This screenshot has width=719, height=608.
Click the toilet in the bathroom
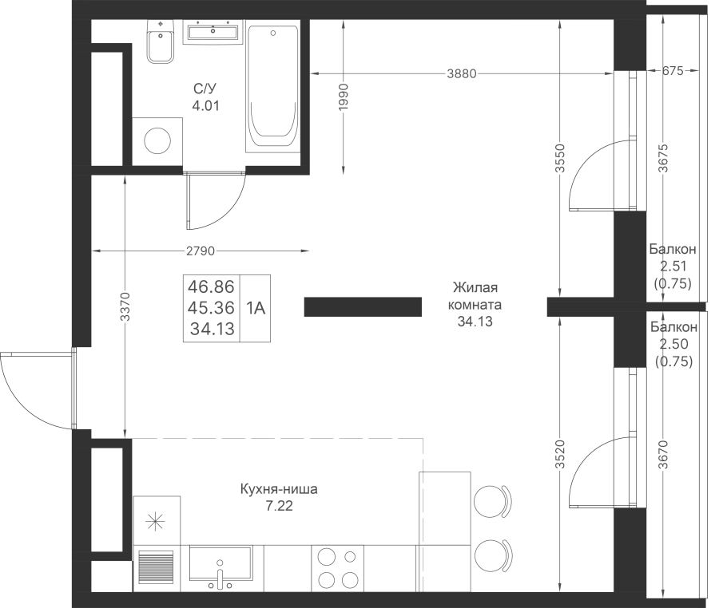[x=161, y=41]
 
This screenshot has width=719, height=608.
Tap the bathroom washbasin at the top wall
[x=213, y=32]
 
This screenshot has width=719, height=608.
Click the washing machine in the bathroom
[x=157, y=141]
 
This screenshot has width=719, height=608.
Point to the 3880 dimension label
[x=462, y=73]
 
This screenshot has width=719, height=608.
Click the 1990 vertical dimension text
[x=344, y=97]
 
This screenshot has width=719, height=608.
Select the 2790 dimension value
[x=201, y=251]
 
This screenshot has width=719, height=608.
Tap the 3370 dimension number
[x=125, y=306]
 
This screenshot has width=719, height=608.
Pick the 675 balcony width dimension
[x=673, y=70]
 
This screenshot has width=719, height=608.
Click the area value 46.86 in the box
[x=212, y=286]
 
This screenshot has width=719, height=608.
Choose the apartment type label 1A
[x=256, y=308]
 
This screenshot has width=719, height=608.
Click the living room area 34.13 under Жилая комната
[x=475, y=322]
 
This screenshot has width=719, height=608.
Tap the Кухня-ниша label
[x=279, y=489]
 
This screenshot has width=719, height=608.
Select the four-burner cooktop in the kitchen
[x=337, y=568]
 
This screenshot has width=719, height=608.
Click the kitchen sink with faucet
[x=220, y=568]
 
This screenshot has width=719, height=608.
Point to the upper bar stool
[x=492, y=502]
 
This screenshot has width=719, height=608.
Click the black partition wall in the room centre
[x=363, y=306]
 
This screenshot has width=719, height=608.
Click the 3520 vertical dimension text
[x=560, y=454]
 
